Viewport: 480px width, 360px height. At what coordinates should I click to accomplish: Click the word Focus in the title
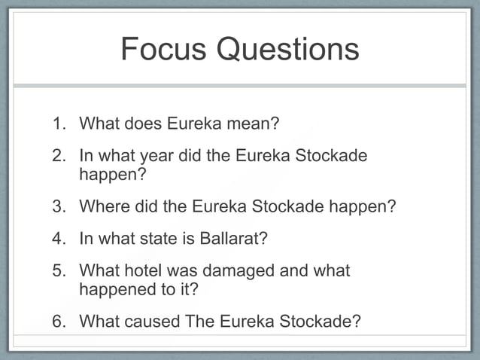[x=163, y=50]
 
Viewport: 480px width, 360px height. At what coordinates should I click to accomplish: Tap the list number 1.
[x=59, y=122]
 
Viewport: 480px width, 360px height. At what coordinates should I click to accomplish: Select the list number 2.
[x=59, y=157]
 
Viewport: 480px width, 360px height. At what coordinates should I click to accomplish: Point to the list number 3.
[x=59, y=206]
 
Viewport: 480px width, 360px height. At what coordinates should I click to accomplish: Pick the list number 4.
[x=59, y=239]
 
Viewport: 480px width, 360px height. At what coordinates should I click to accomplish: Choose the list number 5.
[x=59, y=270]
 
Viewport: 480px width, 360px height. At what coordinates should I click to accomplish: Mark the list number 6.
[x=59, y=322]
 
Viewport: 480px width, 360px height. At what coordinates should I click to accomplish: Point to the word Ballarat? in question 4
[x=233, y=239]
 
